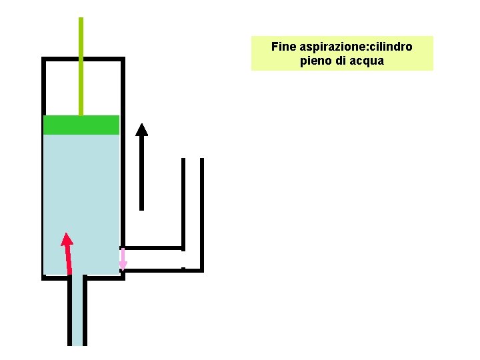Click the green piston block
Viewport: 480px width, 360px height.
click(81, 125)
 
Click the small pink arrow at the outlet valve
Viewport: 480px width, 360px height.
click(123, 260)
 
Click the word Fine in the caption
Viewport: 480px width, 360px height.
click(283, 47)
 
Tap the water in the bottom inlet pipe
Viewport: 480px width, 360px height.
click(77, 313)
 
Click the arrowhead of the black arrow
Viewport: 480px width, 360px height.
click(141, 129)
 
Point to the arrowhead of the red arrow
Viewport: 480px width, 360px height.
click(66, 239)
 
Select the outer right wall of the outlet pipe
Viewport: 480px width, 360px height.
click(201, 213)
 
